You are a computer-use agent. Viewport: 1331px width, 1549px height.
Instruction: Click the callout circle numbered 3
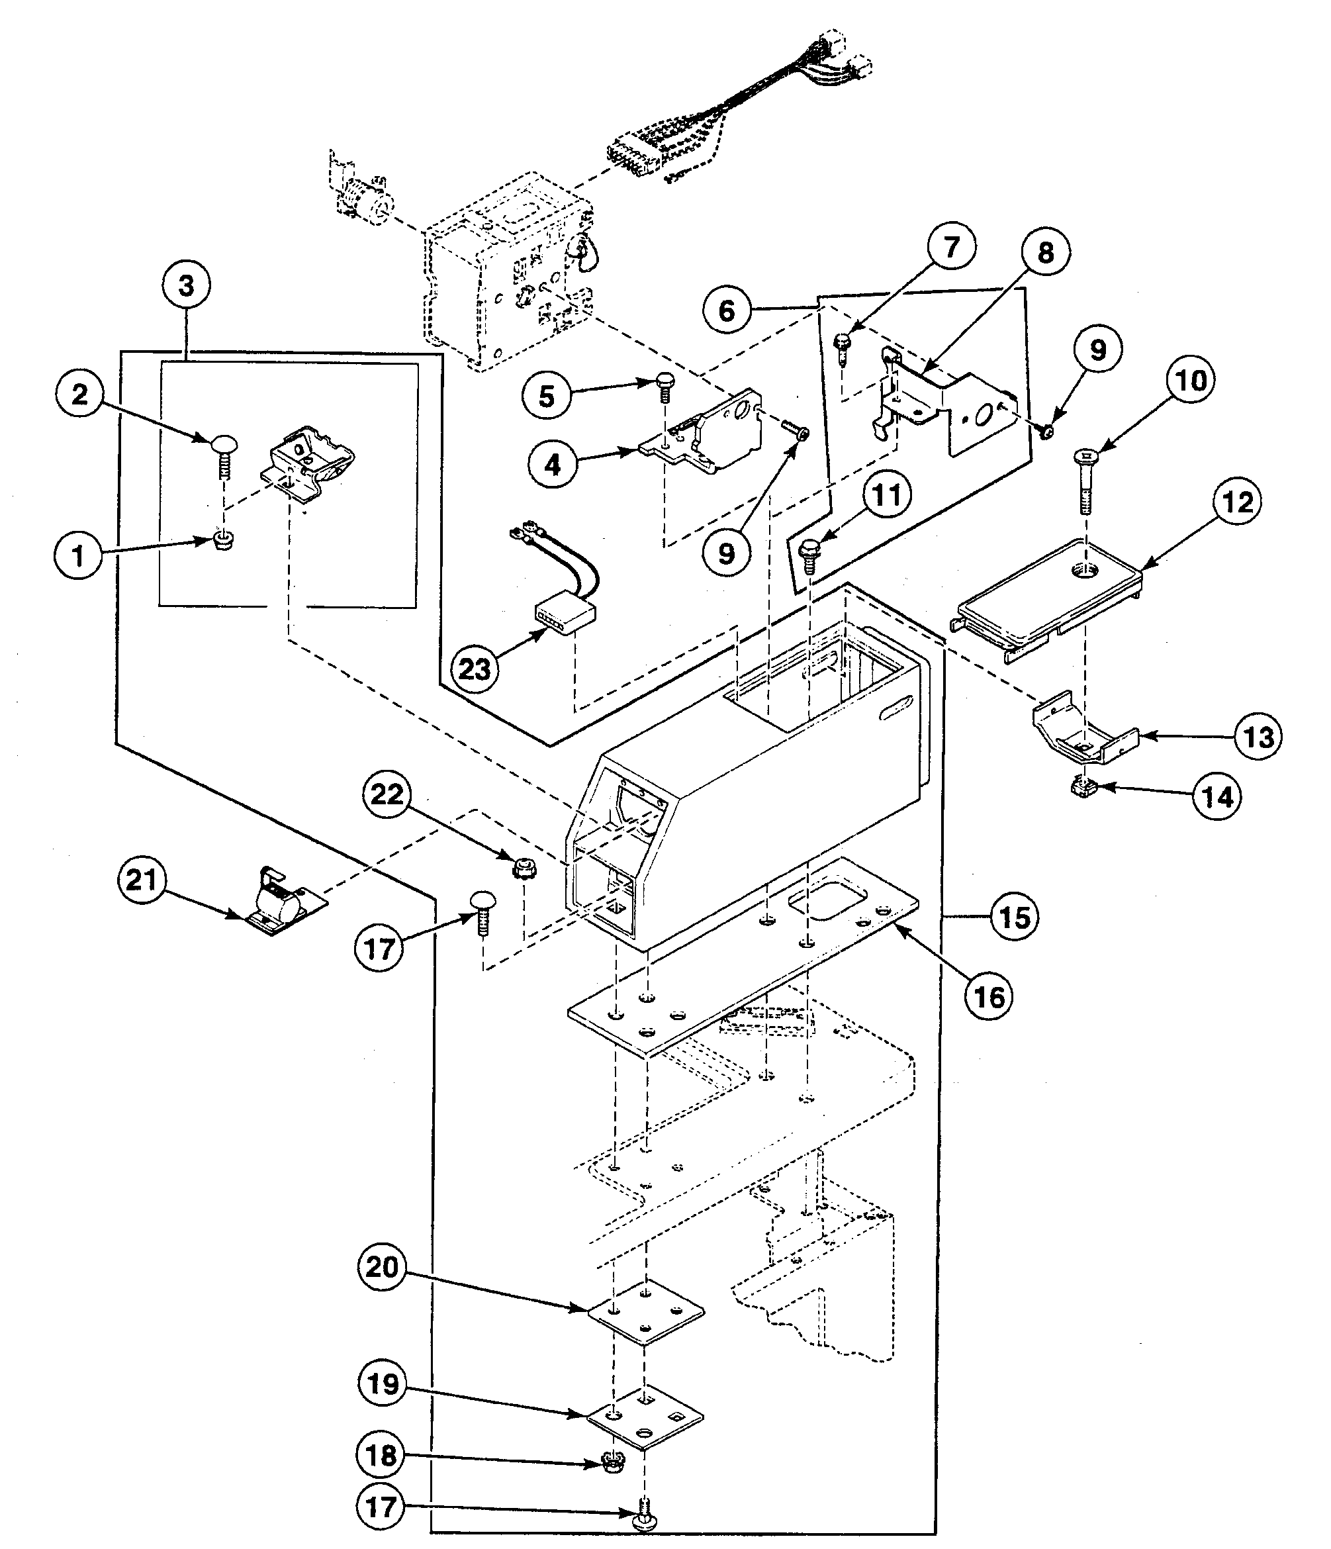(186, 285)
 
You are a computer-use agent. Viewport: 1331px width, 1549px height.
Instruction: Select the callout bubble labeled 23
(474, 669)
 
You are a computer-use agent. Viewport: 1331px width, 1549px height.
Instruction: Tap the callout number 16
(989, 996)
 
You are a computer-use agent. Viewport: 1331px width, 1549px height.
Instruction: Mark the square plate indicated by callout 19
(644, 1417)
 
